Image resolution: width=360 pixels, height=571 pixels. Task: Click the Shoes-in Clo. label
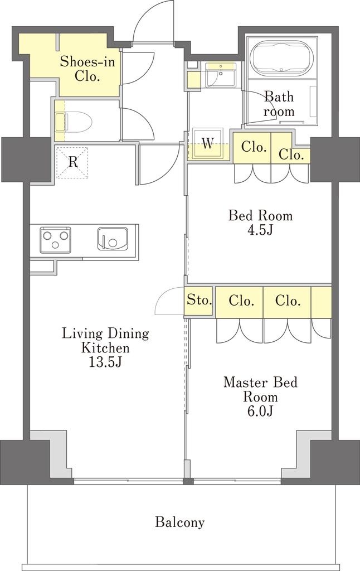[x=87, y=69]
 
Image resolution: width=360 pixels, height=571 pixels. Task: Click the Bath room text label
[x=279, y=104]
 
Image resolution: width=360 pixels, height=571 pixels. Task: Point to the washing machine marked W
[x=208, y=143]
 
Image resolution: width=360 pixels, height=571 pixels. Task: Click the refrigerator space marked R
[x=73, y=162]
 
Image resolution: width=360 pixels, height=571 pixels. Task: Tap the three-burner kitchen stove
[x=55, y=240]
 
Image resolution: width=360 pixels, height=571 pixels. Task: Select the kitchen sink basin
[x=113, y=239]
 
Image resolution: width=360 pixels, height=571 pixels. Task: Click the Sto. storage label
[x=199, y=301]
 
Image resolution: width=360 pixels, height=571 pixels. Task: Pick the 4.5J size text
[x=260, y=230]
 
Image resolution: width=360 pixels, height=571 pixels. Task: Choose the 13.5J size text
[x=105, y=362]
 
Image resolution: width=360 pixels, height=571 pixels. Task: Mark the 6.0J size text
[x=260, y=411]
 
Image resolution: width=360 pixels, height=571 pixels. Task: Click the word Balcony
[x=180, y=522]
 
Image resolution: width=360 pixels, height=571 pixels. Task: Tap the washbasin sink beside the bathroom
[x=221, y=75]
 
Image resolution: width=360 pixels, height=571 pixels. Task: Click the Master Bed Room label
[x=260, y=389]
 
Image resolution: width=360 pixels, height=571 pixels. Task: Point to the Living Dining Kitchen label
[x=105, y=341]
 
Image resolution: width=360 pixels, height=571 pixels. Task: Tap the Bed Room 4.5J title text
[x=260, y=222]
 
